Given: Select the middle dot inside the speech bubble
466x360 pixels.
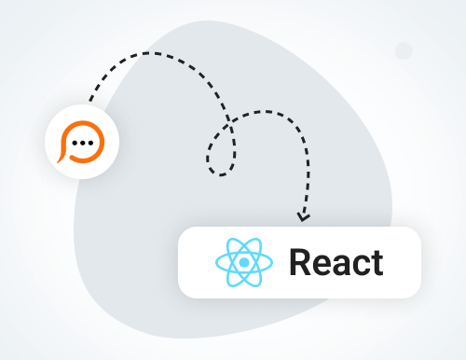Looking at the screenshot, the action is coord(83,145).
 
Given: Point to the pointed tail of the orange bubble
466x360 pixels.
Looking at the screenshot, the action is coord(62,159).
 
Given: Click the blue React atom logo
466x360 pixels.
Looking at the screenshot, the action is coord(242,261).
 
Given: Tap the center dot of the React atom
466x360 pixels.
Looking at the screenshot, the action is coord(242,261).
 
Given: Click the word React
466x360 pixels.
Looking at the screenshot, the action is coord(336,262).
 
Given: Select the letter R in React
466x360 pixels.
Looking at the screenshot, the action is coord(301,262).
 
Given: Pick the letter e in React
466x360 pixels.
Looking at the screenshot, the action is coord(322,265).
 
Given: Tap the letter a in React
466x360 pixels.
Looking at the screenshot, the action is coord(342,265).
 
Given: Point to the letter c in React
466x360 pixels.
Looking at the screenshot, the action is coord(361,265).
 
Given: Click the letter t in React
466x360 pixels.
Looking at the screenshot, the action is coord(377,263).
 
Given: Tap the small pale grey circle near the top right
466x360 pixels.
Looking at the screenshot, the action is coord(404,50).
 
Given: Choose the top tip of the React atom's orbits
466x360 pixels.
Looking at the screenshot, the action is coord(242,236).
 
